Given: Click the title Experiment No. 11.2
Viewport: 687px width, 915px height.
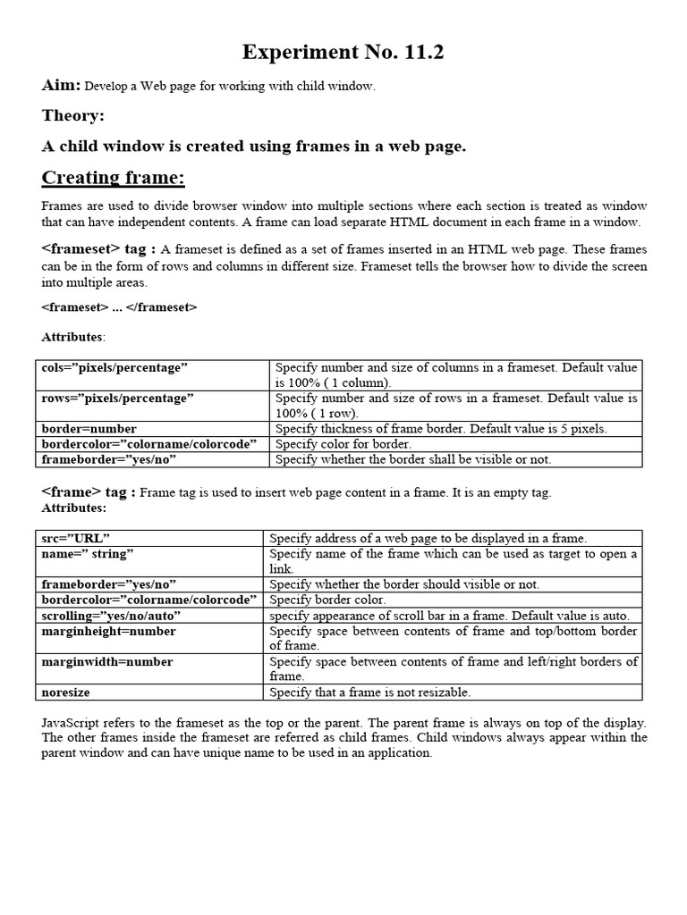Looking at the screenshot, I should click(x=343, y=54).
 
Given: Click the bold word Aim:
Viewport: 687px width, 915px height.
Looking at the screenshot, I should click(x=62, y=86).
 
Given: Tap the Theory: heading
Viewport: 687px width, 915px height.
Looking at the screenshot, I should click(x=73, y=116).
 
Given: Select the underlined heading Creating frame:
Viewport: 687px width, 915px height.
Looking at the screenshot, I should click(x=114, y=178).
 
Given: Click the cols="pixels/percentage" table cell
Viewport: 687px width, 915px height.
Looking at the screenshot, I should click(x=114, y=367).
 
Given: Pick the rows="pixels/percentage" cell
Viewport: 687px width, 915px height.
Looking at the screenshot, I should click(x=117, y=399).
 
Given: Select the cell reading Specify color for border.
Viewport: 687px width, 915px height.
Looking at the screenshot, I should click(x=343, y=444).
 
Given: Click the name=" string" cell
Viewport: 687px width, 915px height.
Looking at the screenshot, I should click(x=88, y=554).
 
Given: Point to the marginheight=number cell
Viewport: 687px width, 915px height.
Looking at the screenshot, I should click(x=109, y=631).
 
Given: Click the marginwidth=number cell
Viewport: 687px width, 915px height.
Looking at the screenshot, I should click(x=107, y=662).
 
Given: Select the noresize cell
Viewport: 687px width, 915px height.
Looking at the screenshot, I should click(x=66, y=693).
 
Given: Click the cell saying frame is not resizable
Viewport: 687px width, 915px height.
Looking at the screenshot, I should click(x=369, y=693).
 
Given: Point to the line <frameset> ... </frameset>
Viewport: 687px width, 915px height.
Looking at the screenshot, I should click(x=119, y=307).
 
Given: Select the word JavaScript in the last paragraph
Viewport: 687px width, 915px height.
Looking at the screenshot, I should click(x=71, y=722).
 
